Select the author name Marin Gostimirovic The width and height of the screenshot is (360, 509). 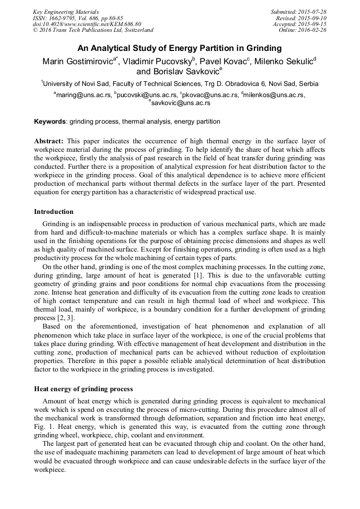tap(80, 61)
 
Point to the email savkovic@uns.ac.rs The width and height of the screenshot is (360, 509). tap(180, 103)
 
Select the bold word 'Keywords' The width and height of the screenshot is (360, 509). tap(50, 122)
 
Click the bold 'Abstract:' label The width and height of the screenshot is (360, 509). tap(49, 141)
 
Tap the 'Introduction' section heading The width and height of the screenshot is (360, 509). tap(54, 212)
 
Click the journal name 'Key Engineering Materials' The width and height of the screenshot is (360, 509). tap(66, 12)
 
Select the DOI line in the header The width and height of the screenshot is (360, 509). tap(87, 24)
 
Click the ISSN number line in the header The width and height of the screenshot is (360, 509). tap(78, 18)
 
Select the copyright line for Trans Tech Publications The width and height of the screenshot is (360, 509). tap(93, 30)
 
